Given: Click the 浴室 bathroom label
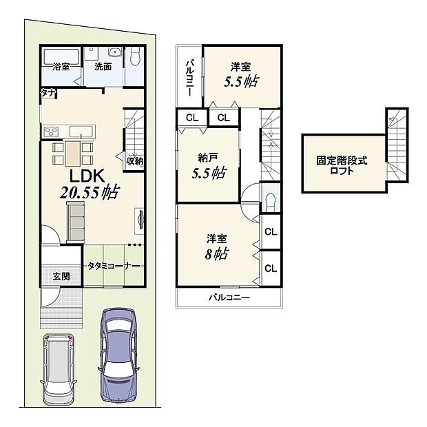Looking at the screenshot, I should click(61, 67).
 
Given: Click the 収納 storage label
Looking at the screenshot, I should click(134, 160).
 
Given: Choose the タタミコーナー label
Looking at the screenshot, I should click(114, 265).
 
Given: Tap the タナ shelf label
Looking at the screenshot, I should click(48, 92).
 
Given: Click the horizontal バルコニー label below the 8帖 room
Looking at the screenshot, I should click(229, 298).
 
